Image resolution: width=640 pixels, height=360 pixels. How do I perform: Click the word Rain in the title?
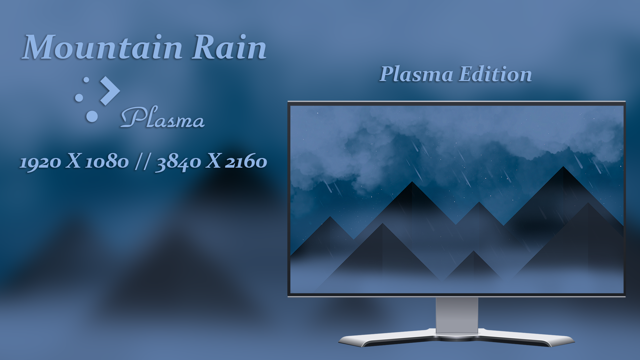click(229, 47)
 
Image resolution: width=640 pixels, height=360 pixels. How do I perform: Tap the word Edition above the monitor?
click(495, 74)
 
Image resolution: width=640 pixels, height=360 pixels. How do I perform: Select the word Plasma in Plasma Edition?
click(416, 74)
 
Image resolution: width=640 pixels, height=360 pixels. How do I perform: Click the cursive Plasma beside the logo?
click(162, 117)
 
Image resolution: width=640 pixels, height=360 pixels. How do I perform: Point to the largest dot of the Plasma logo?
click(92, 116)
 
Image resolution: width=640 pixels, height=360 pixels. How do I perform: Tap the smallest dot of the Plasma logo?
click(86, 80)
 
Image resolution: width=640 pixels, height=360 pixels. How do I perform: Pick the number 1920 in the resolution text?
click(40, 162)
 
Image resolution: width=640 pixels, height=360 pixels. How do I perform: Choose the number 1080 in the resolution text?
click(107, 162)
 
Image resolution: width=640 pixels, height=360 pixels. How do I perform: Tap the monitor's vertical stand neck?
click(457, 315)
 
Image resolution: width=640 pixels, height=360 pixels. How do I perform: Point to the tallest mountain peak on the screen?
click(563, 167)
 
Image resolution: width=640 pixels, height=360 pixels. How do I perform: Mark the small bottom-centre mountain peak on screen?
click(473, 251)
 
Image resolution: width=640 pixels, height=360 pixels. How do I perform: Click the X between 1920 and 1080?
click(73, 161)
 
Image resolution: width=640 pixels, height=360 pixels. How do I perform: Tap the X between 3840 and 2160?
click(213, 161)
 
